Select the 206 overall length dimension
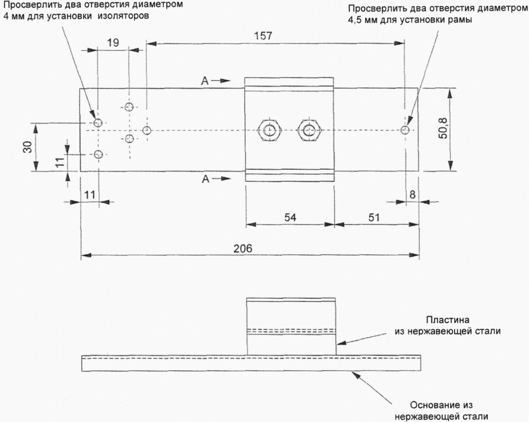(243, 248)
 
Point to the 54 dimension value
(290, 217)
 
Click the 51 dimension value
(374, 217)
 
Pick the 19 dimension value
(113, 43)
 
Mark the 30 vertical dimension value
(28, 147)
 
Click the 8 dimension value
(413, 195)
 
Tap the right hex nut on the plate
(309, 130)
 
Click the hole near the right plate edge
(405, 130)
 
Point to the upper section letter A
(205, 81)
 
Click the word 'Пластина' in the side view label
(447, 320)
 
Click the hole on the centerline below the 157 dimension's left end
(147, 130)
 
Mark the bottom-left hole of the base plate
(98, 154)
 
